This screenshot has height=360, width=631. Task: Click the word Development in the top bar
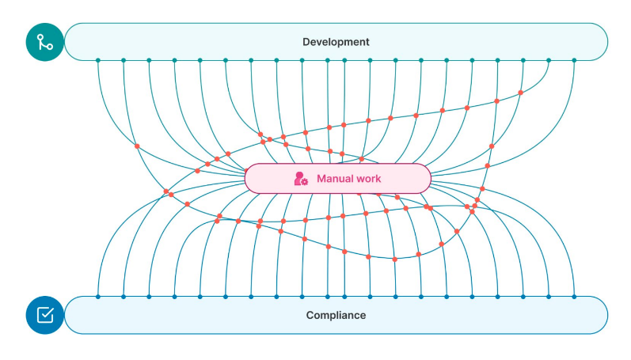click(x=336, y=42)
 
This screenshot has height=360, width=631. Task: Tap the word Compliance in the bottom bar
click(x=336, y=315)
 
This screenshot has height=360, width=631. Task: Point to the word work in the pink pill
click(x=368, y=179)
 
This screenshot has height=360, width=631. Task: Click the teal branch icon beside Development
click(x=44, y=42)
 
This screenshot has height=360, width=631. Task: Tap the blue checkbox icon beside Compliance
click(x=44, y=315)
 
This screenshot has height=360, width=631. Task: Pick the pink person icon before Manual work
click(x=300, y=179)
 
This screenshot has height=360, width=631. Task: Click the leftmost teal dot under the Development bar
click(x=98, y=60)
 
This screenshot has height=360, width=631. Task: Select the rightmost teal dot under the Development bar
click(x=574, y=60)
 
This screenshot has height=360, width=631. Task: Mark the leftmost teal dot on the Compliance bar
click(x=98, y=297)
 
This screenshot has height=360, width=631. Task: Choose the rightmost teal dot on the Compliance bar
click(x=574, y=297)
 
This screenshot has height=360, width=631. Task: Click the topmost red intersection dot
click(x=520, y=93)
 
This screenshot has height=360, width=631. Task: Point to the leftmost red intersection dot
click(x=137, y=146)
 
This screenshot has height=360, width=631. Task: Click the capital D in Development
click(x=306, y=42)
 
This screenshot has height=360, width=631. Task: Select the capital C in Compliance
click(x=310, y=315)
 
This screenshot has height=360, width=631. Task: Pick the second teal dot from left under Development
click(x=124, y=60)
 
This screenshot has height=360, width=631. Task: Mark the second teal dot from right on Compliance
click(x=549, y=297)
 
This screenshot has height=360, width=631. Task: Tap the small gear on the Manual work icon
click(x=304, y=182)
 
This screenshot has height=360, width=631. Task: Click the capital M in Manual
click(x=321, y=179)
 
